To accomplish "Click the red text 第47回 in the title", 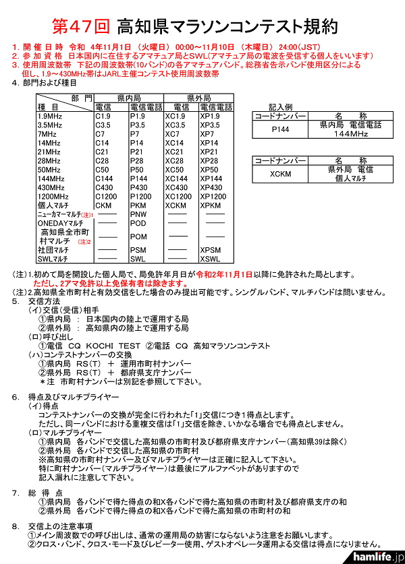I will pyautogui.click(x=81, y=27).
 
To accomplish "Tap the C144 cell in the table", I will pyautogui.click(x=105, y=179).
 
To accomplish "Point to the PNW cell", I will pyautogui.click(x=138, y=214).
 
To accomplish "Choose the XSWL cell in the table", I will pyautogui.click(x=210, y=259).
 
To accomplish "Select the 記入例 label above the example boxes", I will pyautogui.click(x=280, y=107).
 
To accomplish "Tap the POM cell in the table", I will pyautogui.click(x=138, y=237).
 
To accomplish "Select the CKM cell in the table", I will pyautogui.click(x=103, y=205).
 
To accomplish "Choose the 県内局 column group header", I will pyautogui.click(x=128, y=98).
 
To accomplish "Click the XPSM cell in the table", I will pyautogui.click(x=210, y=250).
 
